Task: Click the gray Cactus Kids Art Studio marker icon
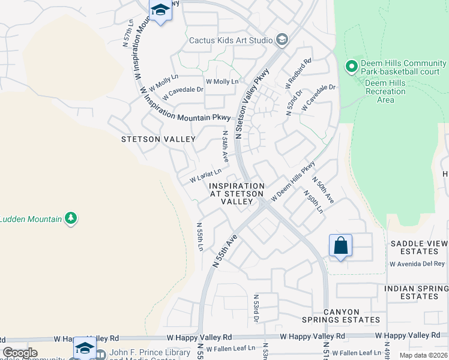pyautogui.click(x=282, y=40)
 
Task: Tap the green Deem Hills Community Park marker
pyautogui.click(x=352, y=67)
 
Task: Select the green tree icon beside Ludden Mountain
pyautogui.click(x=71, y=218)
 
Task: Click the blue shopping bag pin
pyautogui.click(x=340, y=246)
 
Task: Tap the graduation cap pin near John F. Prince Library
pyautogui.click(x=85, y=349)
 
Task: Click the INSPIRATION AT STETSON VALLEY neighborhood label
pyautogui.click(x=236, y=194)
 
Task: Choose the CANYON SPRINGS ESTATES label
pyautogui.click(x=352, y=316)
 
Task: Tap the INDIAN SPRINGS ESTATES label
pyautogui.click(x=416, y=292)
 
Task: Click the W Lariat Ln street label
pyautogui.click(x=206, y=175)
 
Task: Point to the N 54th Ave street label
pyautogui.click(x=225, y=147)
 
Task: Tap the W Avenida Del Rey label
pyautogui.click(x=417, y=263)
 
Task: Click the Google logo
pyautogui.click(x=20, y=353)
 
